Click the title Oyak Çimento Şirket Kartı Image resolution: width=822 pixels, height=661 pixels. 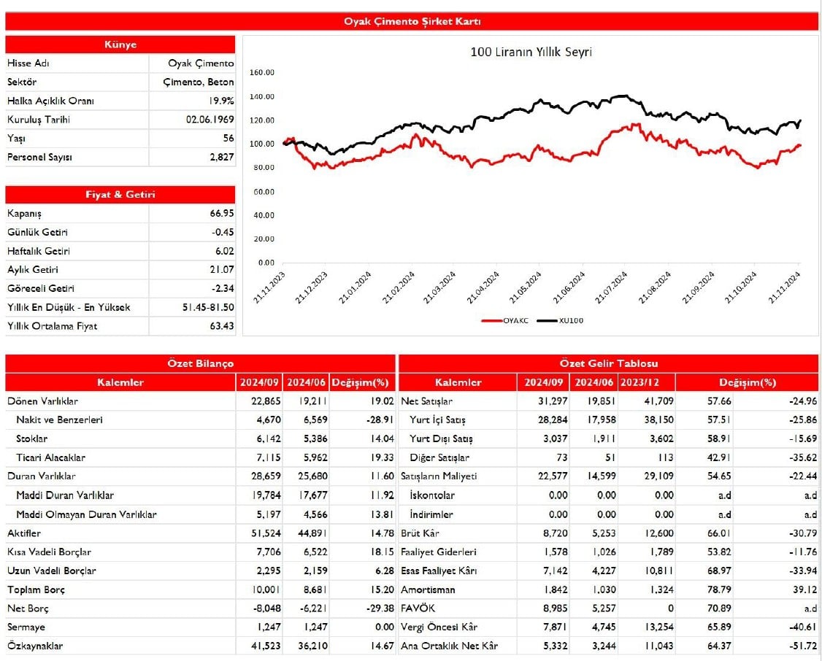point(412,21)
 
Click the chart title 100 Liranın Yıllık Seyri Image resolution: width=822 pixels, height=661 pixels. point(531,53)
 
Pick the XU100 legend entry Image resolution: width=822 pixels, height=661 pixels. point(571,320)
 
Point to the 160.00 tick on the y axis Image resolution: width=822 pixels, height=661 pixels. point(261,73)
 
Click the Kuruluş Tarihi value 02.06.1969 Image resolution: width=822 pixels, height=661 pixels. point(210,120)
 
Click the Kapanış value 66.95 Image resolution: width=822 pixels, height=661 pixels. point(221,214)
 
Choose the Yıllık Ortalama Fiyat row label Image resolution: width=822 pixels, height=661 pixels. point(52,326)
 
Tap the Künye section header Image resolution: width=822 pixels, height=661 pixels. point(120,45)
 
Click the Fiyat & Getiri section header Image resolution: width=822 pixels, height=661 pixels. point(120,195)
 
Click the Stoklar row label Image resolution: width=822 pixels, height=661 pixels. point(31,439)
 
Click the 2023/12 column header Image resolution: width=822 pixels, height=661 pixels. point(646,382)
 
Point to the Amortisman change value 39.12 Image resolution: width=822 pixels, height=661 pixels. point(803,590)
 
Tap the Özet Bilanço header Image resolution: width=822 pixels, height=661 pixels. point(200,363)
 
